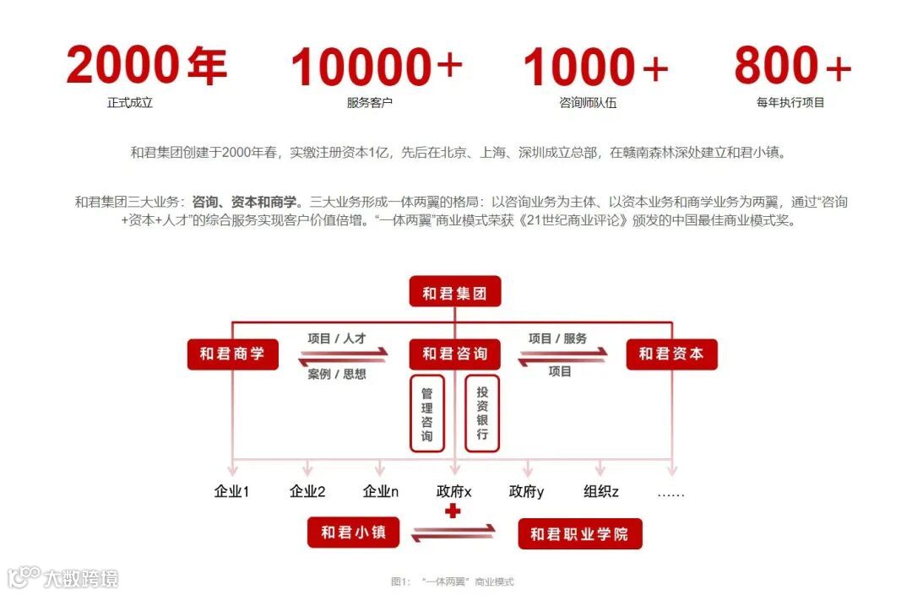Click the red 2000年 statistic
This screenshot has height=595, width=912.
[x=146, y=66]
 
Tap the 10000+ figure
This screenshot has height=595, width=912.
[x=377, y=68]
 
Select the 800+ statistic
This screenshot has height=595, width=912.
[x=792, y=66]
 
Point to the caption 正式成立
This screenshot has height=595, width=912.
[x=130, y=103]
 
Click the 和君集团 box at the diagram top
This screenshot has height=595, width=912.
[x=454, y=294]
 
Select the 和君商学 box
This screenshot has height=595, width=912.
[x=231, y=354]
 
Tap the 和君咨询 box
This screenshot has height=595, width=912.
[x=454, y=354]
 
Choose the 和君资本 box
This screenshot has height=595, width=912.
[x=671, y=354]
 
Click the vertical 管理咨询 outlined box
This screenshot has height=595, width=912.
[x=427, y=414]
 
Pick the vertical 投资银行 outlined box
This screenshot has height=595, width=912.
[x=482, y=414]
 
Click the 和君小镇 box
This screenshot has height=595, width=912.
[x=354, y=533]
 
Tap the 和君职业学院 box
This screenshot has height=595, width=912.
[x=579, y=534]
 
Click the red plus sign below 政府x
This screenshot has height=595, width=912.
[x=453, y=511]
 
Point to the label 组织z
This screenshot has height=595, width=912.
[x=601, y=491]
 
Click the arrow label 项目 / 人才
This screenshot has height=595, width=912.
[x=336, y=338]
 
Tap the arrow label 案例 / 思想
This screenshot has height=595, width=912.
[x=336, y=374]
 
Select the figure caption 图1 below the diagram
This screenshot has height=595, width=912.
[x=452, y=581]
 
